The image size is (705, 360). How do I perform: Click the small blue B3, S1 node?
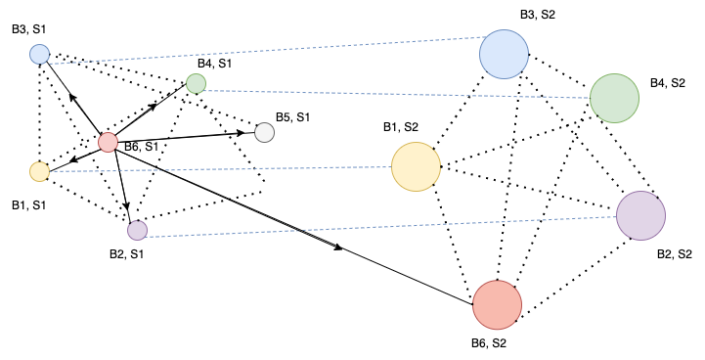click(x=39, y=54)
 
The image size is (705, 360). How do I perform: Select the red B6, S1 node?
click(x=109, y=142)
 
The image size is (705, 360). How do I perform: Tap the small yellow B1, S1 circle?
click(x=39, y=171)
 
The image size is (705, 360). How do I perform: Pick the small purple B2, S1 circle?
click(x=137, y=230)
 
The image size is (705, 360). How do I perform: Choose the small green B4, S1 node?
click(x=196, y=83)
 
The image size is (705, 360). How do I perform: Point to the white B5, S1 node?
click(x=264, y=132)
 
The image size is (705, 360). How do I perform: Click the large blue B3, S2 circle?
click(x=504, y=54)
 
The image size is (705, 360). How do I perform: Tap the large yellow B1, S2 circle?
click(x=416, y=166)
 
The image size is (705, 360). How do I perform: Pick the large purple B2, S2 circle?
click(x=640, y=215)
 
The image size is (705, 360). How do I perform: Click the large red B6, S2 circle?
click(x=498, y=304)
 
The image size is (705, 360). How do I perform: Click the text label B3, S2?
click(x=539, y=15)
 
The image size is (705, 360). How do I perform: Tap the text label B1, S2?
click(x=400, y=127)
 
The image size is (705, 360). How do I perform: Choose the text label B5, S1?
click(x=292, y=117)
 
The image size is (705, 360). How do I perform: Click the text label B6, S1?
click(x=142, y=147)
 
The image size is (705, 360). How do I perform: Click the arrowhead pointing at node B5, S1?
click(x=247, y=133)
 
